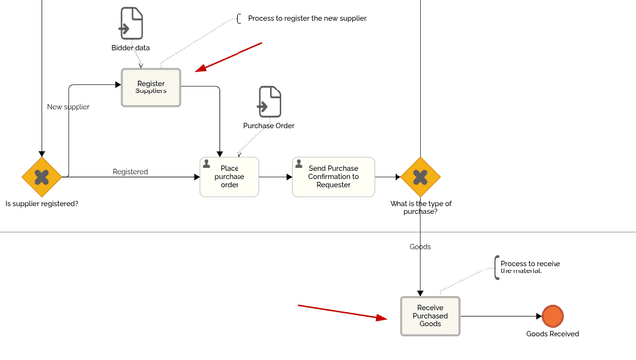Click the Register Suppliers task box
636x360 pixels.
pyautogui.click(x=151, y=87)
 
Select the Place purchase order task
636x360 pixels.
pyautogui.click(x=230, y=177)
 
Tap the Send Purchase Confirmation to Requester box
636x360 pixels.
pyautogui.click(x=333, y=177)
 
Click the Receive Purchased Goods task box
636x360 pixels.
pyautogui.click(x=430, y=316)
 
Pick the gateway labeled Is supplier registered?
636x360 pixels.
pyautogui.click(x=42, y=177)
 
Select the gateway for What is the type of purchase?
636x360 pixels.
pyautogui.click(x=420, y=177)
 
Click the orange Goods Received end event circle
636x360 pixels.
pyautogui.click(x=553, y=316)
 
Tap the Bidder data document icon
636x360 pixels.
pyautogui.click(x=131, y=23)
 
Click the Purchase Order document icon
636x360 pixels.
pyautogui.click(x=269, y=101)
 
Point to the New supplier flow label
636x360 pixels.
pyautogui.click(x=69, y=106)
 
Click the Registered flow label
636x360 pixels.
pyautogui.click(x=130, y=172)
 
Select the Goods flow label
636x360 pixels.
pyautogui.click(x=420, y=246)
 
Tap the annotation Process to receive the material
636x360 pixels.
pyautogui.click(x=530, y=267)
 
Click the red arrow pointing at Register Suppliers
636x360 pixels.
pyautogui.click(x=230, y=57)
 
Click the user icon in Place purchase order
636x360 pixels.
pyautogui.click(x=207, y=163)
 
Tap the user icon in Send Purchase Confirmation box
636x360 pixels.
pyautogui.click(x=299, y=163)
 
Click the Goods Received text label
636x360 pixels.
pyautogui.click(x=553, y=334)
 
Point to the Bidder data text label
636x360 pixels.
pyautogui.click(x=131, y=47)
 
